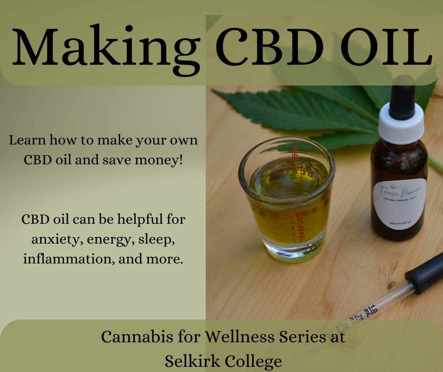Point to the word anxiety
51,240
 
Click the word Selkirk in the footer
193,362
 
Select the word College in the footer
253,362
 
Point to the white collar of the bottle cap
401,124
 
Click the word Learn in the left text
25,140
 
